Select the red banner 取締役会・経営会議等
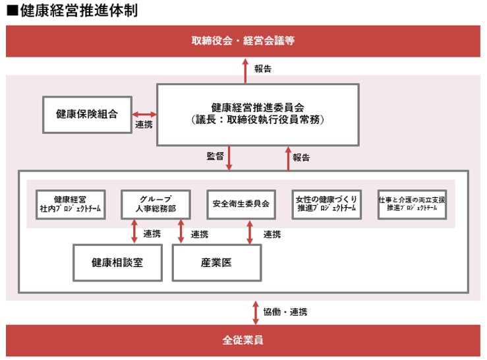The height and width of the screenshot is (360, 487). click(243, 41)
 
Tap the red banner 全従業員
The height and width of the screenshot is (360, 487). click(243, 341)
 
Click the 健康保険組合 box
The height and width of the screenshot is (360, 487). click(86, 113)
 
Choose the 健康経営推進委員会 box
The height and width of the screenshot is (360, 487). click(258, 113)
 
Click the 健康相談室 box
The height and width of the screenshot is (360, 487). click(118, 262)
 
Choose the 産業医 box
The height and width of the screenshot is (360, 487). click(216, 262)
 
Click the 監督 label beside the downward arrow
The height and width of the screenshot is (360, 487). click(215, 157)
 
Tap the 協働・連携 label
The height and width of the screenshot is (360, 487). click(285, 311)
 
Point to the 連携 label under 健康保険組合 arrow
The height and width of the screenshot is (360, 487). click(144, 125)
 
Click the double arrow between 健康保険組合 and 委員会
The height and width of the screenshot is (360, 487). click(144, 113)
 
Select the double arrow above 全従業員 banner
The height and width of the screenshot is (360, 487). click(256, 311)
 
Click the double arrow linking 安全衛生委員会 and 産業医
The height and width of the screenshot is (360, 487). click(249, 232)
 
